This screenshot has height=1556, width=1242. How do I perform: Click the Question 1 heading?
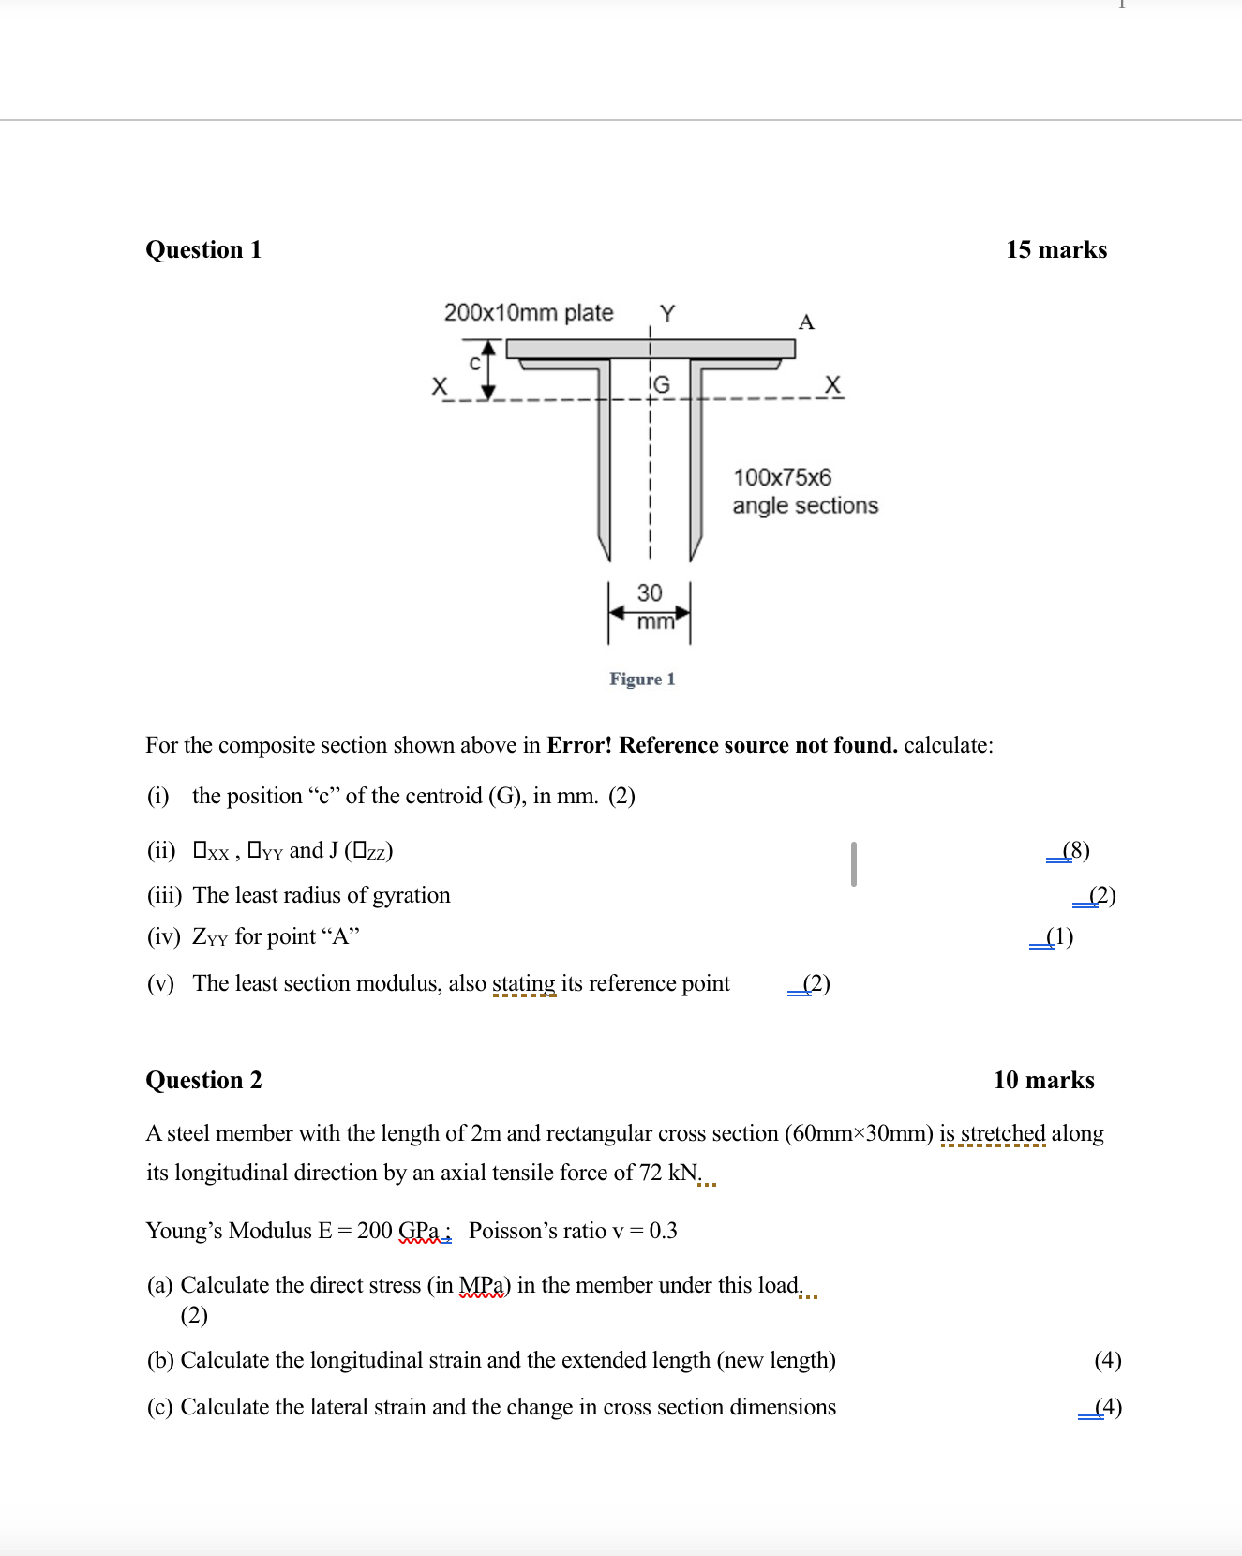click(x=203, y=250)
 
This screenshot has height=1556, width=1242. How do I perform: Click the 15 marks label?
click(x=1056, y=250)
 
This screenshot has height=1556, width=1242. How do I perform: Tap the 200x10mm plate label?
click(x=529, y=312)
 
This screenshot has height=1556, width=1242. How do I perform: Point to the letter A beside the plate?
click(x=806, y=322)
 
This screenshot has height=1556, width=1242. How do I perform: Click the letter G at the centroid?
click(x=662, y=384)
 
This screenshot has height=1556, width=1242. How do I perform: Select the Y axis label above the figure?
click(x=666, y=313)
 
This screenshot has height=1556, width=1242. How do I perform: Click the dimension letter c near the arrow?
click(x=474, y=363)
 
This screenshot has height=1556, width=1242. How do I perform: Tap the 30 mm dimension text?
click(x=651, y=605)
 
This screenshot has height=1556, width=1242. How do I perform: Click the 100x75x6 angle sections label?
click(x=804, y=491)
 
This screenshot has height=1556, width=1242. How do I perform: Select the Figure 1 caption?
click(x=642, y=679)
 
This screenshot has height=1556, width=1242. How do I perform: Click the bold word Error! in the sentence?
click(x=579, y=746)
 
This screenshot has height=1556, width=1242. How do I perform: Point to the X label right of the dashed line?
click(x=832, y=384)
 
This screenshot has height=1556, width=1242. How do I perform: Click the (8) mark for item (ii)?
click(x=1075, y=850)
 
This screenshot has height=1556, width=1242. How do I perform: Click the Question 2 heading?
click(x=203, y=1081)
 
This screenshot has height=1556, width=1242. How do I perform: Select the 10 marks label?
click(x=1043, y=1081)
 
